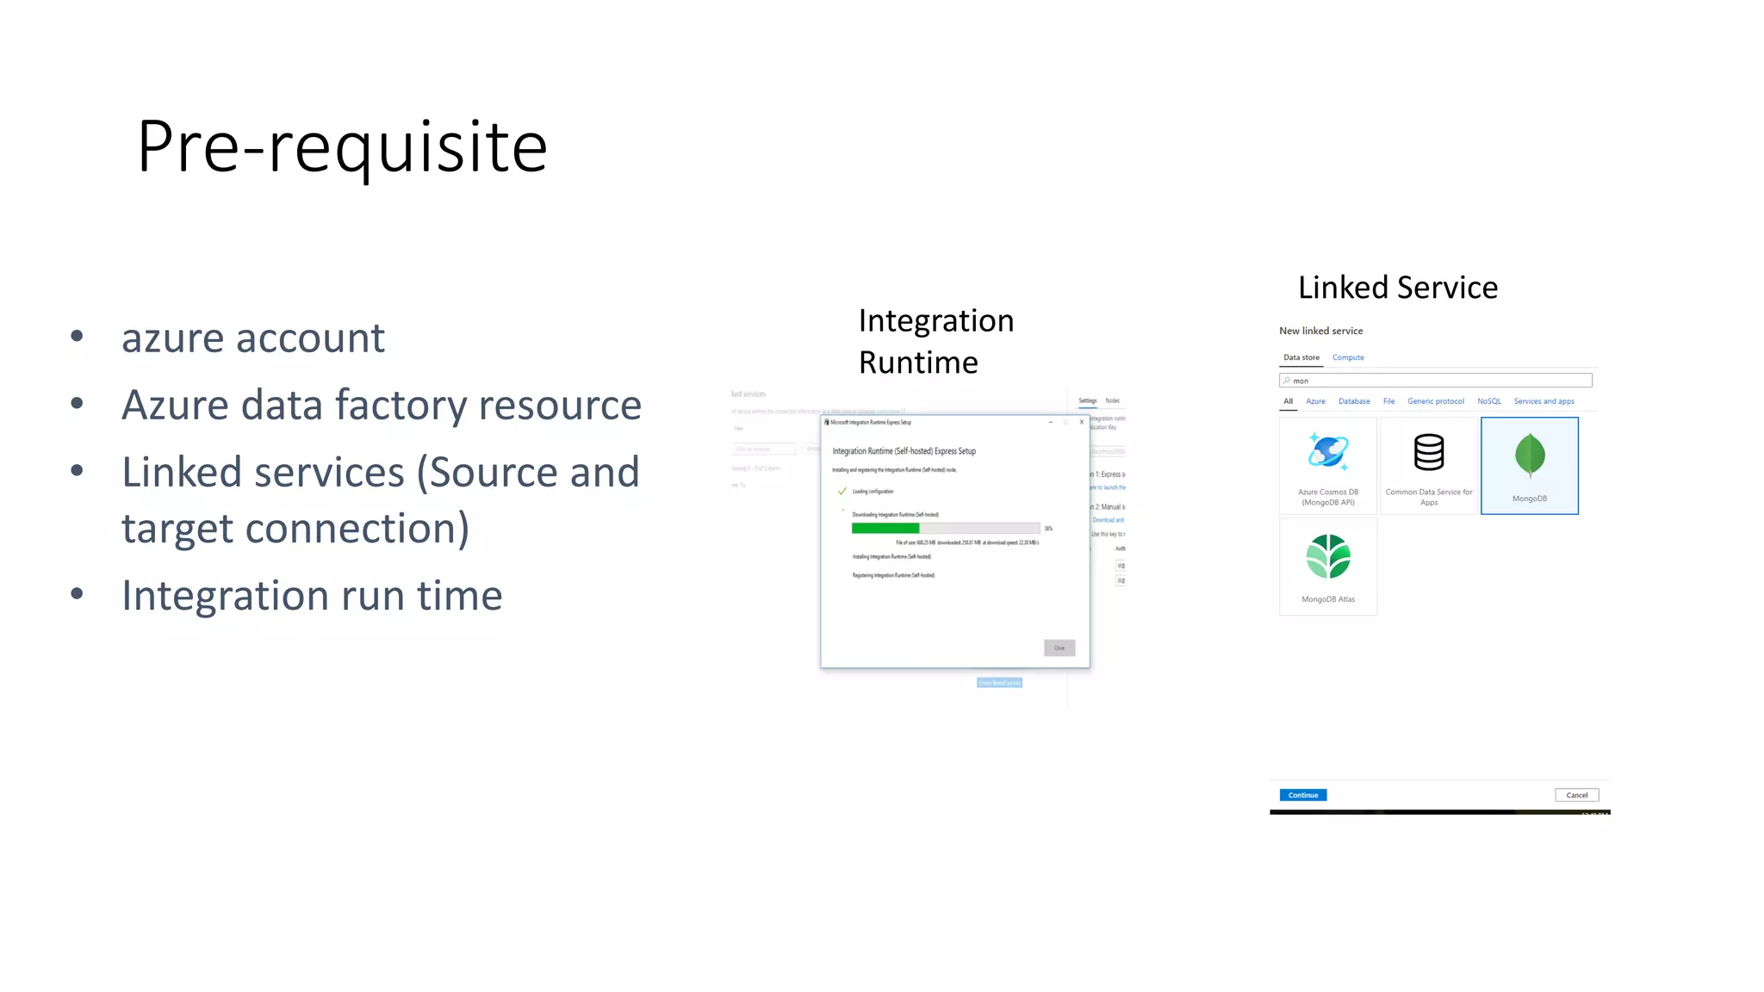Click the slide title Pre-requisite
point(342,146)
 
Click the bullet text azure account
point(252,338)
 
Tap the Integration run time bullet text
point(311,595)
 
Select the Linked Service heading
point(1397,288)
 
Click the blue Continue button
point(1302,795)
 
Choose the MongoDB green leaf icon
point(1529,456)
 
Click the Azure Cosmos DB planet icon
point(1327,451)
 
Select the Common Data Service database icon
point(1428,452)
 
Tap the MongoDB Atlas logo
point(1327,556)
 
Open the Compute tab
point(1348,357)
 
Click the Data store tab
point(1301,357)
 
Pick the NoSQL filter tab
point(1488,401)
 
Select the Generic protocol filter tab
point(1435,401)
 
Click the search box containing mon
point(1435,381)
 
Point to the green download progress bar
point(885,528)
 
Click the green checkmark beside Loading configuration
point(842,492)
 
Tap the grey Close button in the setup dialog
point(1059,648)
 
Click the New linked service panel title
point(1320,331)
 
